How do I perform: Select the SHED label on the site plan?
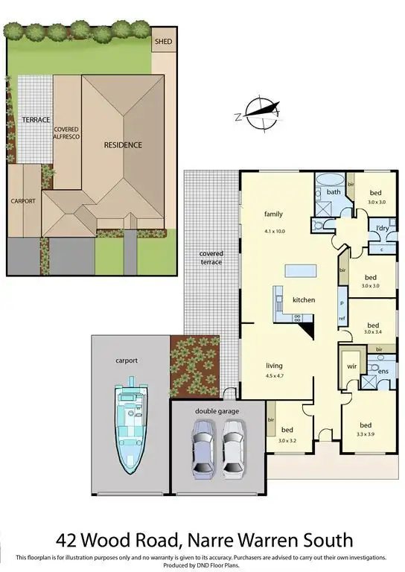coord(162,42)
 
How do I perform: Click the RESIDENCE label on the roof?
coord(123,144)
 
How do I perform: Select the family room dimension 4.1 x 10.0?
coord(275,231)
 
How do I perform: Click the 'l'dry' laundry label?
coord(383,227)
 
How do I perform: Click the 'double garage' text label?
coord(216,410)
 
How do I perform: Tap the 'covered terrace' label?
coord(211,258)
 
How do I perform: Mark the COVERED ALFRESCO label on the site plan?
coord(66,133)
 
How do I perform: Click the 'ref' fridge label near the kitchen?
coord(342,318)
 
